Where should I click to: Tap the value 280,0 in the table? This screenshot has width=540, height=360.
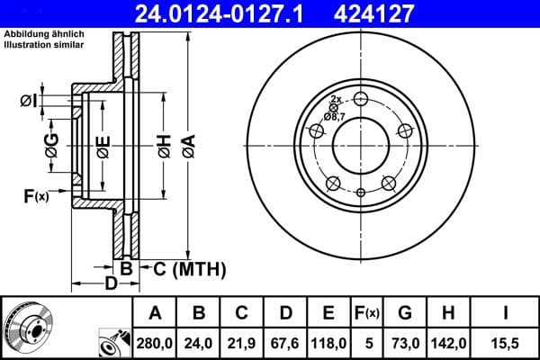coord(156,341)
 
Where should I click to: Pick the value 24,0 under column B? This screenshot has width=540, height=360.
coord(199,341)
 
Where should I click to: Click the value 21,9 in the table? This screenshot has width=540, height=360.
coord(242,341)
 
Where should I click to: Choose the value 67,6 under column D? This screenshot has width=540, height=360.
coord(285,341)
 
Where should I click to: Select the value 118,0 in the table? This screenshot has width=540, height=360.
coord(328,341)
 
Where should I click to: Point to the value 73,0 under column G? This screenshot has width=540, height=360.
coord(405,341)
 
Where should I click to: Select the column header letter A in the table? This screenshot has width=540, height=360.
coord(156,313)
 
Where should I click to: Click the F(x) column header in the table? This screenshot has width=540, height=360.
coord(367,313)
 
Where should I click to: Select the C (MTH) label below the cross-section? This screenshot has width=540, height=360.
coord(184,269)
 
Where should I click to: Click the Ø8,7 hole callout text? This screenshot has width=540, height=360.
coord(336,116)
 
